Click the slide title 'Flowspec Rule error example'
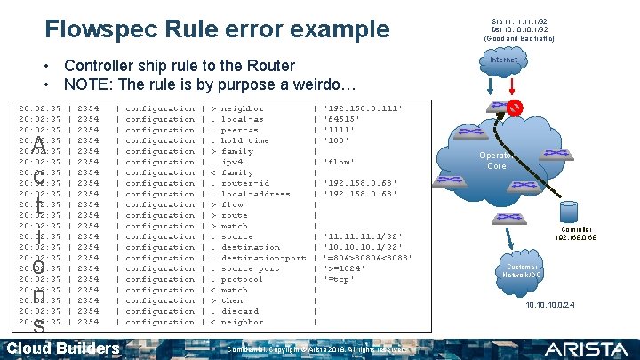(217, 29)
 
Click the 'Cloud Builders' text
(63, 348)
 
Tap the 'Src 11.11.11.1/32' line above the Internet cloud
(520, 20)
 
